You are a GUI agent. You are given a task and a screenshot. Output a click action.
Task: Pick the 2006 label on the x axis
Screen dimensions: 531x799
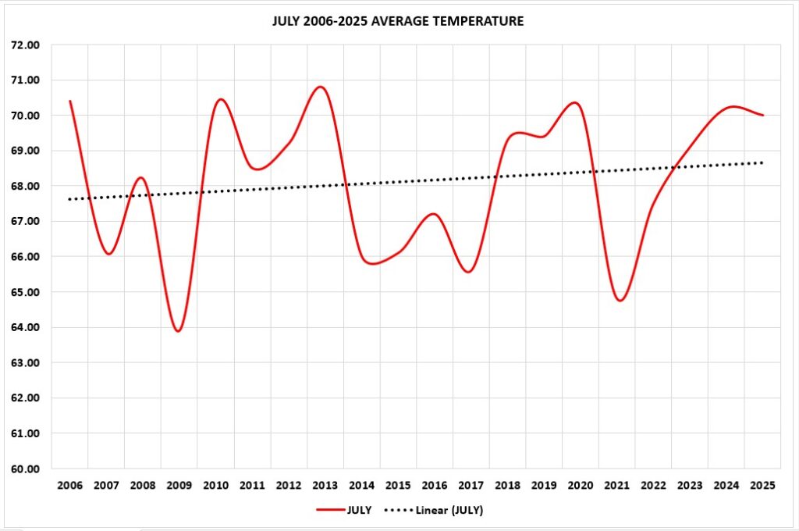[x=69, y=486]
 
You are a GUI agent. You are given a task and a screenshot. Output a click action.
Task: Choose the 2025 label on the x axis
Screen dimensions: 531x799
[x=762, y=486]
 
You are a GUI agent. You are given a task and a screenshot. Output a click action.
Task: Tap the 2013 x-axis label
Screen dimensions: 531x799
[x=325, y=486]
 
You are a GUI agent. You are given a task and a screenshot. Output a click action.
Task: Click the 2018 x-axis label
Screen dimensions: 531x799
[x=507, y=486]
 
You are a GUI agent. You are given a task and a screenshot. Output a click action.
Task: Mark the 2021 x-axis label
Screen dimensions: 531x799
[x=616, y=486]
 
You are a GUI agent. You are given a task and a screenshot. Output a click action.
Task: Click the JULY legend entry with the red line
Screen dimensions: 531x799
[x=343, y=510]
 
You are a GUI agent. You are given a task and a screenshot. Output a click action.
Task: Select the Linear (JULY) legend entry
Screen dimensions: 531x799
[x=439, y=510]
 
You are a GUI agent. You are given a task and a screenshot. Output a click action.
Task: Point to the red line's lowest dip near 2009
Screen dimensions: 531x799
[x=179, y=331]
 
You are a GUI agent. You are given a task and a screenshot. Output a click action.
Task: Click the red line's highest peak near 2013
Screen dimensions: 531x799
[x=321, y=87]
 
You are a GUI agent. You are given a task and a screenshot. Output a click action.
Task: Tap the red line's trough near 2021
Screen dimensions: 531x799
[x=620, y=300]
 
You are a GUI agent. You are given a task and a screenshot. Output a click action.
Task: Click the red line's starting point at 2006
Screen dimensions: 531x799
[x=70, y=101]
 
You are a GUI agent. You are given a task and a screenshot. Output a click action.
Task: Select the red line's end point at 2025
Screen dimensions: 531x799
[x=762, y=115]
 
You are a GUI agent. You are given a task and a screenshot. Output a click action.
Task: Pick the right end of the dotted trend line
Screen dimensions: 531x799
[x=762, y=162]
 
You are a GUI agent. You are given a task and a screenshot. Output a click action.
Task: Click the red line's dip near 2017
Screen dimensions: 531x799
[x=467, y=272]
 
